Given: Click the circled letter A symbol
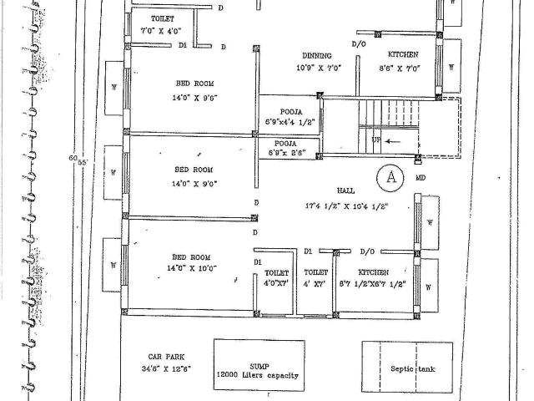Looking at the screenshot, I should pos(389,176).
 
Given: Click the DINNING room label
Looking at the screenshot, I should pos(317,55).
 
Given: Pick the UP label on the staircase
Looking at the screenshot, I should pos(376,140).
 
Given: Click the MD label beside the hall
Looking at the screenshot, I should pos(421,178).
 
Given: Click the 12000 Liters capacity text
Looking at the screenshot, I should pos(258,376).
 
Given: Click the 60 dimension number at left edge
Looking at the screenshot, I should pos(73,157).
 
